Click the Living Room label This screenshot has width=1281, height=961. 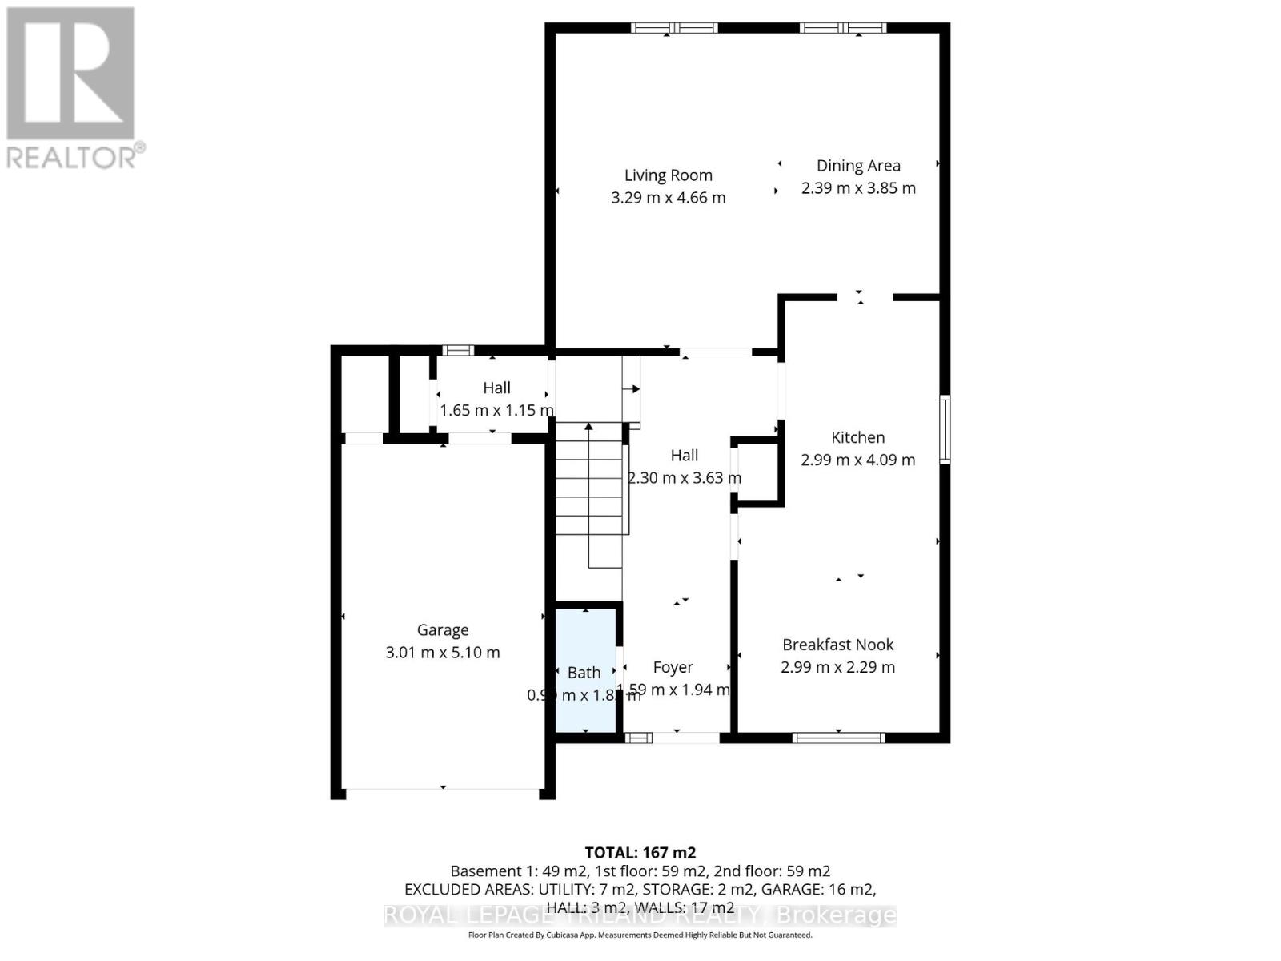pos(668,175)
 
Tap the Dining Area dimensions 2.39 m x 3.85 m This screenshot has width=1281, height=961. pos(858,188)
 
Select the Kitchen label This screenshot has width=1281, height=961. pos(857,437)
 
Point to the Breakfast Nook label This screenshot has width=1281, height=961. pos(837,645)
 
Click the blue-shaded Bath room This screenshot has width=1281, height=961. pos(586,641)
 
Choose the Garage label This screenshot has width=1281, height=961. pos(443,630)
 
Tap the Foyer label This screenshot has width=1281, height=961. pos(673,667)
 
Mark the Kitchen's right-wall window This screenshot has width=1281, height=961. pos(945,429)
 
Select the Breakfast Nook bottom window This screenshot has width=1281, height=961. pos(838,738)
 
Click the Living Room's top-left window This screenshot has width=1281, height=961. pos(674,28)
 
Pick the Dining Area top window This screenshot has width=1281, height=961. pos(843,28)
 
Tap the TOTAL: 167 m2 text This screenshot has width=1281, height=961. pos(640,852)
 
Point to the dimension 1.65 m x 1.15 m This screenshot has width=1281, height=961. pos(496,410)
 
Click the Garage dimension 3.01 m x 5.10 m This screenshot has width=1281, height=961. pos(443,653)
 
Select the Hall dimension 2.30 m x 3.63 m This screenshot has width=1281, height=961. pos(685,478)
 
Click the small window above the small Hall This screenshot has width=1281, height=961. pos(458,350)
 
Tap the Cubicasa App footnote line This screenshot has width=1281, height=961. pos(640,935)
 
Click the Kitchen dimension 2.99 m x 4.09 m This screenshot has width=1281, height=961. pos(857,460)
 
